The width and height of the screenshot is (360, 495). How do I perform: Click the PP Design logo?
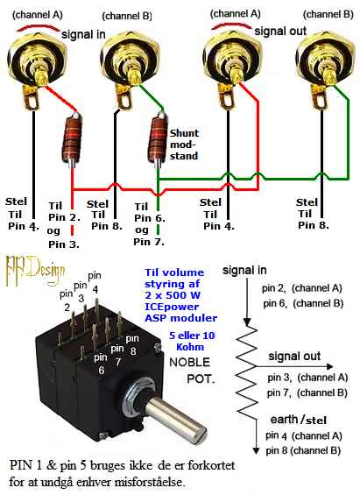35,270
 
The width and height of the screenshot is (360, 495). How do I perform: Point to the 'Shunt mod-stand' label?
184,145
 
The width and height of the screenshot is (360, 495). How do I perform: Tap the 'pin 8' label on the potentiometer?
132,344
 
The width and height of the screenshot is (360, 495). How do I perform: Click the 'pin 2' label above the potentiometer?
67,301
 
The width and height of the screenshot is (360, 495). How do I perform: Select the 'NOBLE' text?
189,362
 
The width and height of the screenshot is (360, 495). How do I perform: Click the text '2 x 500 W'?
173,295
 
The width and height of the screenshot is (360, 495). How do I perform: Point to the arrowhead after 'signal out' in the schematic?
330,366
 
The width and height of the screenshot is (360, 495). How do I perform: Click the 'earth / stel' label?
298,420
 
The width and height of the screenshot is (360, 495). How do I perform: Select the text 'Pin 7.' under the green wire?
149,242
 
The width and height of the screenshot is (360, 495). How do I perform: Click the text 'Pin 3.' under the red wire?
64,244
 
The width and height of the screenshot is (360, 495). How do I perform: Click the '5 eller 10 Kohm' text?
192,341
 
